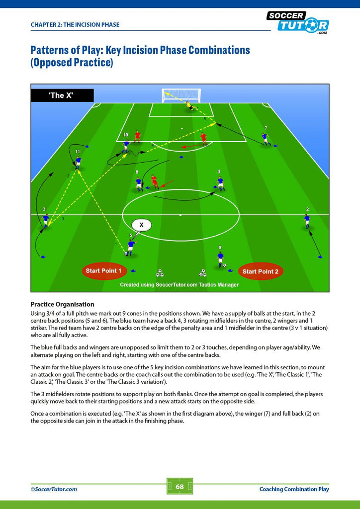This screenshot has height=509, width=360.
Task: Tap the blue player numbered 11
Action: pos(78,163)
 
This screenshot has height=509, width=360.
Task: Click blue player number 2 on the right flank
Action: pos(307,221)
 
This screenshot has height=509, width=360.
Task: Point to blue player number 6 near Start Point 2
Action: pos(221,259)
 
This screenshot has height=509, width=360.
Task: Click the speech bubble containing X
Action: pos(142,225)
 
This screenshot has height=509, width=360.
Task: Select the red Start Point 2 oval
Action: pos(261,271)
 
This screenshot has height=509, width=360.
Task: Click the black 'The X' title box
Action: pos(62,95)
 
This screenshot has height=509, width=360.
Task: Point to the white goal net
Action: pos(181,95)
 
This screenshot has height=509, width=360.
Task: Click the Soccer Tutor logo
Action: pos(298,22)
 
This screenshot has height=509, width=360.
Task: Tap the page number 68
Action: pos(180,486)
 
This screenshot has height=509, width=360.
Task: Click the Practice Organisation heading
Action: pos(62,305)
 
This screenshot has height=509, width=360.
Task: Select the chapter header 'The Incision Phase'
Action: pos(75,25)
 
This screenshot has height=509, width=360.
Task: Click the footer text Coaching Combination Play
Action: pos(294,489)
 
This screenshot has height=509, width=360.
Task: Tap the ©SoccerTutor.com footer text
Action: pos(54,489)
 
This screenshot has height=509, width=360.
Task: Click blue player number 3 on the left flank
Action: pos(46,221)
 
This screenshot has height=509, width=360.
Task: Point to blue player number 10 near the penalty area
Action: pos(126,146)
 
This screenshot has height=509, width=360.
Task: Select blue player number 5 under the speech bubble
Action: pos(131,248)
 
